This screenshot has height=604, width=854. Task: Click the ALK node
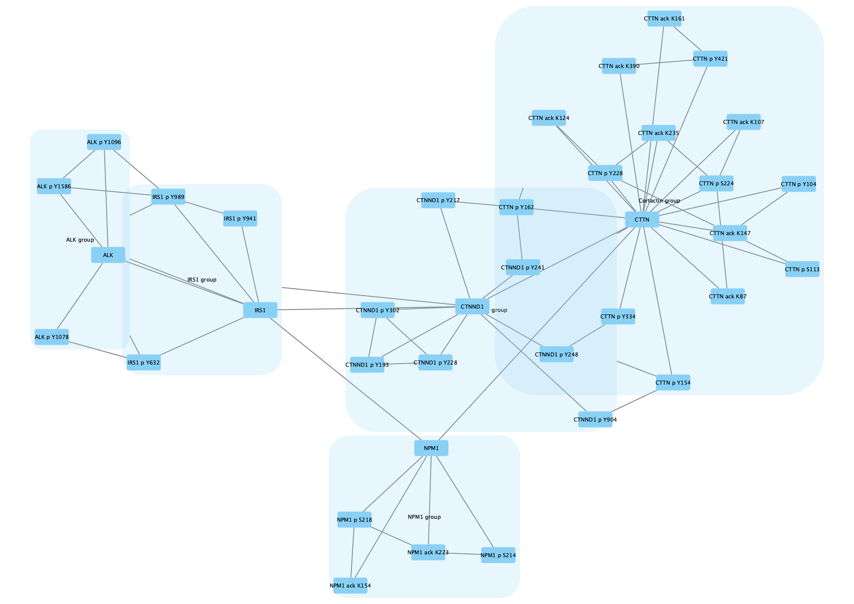(x=108, y=255)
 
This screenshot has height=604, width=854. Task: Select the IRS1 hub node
(x=260, y=310)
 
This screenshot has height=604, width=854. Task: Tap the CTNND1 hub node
(x=472, y=306)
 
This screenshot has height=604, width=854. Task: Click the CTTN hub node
(x=642, y=219)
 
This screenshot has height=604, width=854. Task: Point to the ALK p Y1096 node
(x=104, y=142)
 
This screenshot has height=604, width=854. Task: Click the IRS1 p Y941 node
(x=240, y=218)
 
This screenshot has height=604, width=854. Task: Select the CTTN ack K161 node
(x=664, y=19)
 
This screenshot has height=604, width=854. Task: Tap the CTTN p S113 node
(x=802, y=269)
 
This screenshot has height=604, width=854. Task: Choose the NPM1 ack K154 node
(x=350, y=585)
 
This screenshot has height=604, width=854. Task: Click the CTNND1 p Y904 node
(x=595, y=419)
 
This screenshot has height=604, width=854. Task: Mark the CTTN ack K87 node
(x=727, y=296)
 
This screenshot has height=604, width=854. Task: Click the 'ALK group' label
(x=80, y=240)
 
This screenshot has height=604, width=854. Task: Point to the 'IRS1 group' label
(x=202, y=279)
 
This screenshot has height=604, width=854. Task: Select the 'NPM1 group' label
(x=424, y=517)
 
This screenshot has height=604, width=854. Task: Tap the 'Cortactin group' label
(x=659, y=201)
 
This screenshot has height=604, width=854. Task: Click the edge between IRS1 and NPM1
(x=346, y=379)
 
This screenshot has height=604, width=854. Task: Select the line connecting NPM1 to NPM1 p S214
(x=465, y=502)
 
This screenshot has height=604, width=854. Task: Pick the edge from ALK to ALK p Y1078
(x=80, y=296)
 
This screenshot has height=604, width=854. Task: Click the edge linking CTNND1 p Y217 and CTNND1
(x=455, y=253)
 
